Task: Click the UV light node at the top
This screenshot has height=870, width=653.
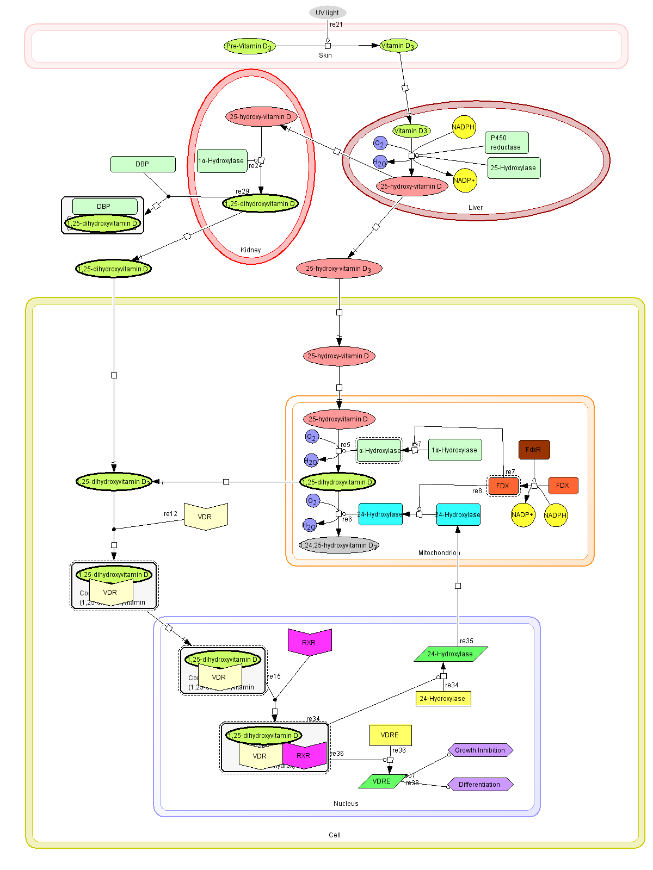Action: (x=327, y=13)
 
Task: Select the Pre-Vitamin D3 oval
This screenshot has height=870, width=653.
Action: (x=249, y=46)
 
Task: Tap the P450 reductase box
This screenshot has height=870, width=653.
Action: (x=506, y=142)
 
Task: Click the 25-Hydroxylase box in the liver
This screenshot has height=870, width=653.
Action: (x=513, y=168)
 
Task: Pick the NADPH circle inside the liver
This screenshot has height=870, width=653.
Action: (x=464, y=127)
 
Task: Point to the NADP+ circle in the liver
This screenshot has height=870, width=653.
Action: (x=465, y=181)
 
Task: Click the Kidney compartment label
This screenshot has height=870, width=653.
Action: (x=250, y=250)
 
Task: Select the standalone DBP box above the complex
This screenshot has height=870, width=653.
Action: (x=143, y=164)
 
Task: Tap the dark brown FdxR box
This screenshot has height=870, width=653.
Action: (x=534, y=450)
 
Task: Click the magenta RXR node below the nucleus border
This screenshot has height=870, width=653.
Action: (x=309, y=642)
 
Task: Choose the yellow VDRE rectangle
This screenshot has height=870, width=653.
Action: (x=390, y=735)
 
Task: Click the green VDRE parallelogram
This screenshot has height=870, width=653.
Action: (x=381, y=781)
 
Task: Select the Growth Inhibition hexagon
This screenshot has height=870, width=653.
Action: (x=480, y=750)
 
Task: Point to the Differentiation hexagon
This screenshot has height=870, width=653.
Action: (x=479, y=785)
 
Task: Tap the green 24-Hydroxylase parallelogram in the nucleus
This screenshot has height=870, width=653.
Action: (x=450, y=654)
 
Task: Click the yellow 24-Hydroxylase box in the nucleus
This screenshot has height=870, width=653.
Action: (x=442, y=699)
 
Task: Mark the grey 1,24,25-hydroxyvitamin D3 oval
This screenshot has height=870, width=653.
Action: (x=338, y=545)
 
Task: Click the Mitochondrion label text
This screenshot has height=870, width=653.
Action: (x=439, y=553)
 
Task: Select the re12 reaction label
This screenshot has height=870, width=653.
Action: (x=170, y=514)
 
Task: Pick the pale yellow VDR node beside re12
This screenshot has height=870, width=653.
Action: (x=205, y=517)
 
